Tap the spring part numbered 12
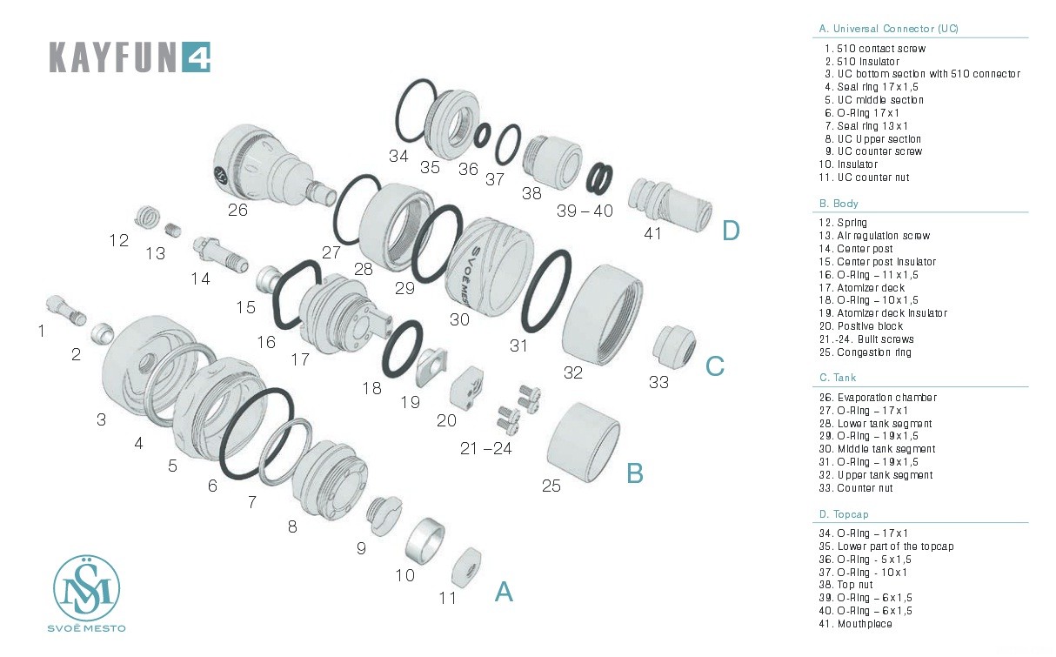(x=150, y=215)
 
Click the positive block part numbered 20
(x=469, y=388)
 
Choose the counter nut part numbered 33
(x=674, y=347)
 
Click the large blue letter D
(x=731, y=231)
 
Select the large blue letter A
(x=504, y=592)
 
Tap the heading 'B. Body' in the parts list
(x=839, y=203)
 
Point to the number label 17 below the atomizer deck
(x=299, y=358)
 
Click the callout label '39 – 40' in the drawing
(x=585, y=211)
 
